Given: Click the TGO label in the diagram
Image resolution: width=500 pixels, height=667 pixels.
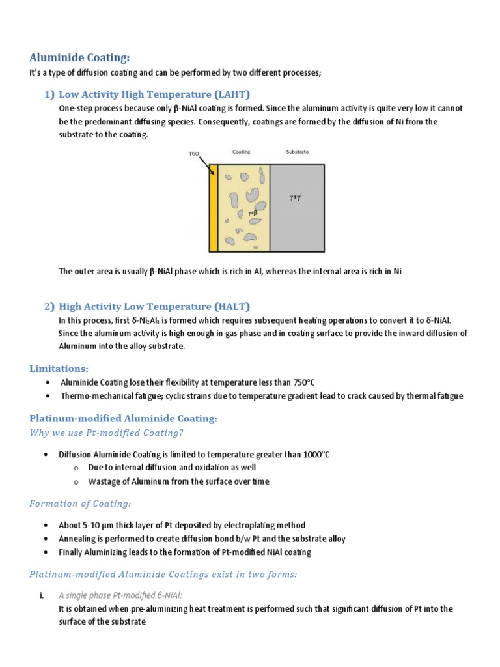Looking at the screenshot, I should [x=193, y=154].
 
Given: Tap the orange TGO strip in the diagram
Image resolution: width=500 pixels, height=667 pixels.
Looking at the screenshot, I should [x=213, y=208].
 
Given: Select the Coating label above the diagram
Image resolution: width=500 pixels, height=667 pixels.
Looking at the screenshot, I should [x=242, y=152].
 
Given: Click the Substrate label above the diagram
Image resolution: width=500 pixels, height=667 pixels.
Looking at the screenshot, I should [x=297, y=152].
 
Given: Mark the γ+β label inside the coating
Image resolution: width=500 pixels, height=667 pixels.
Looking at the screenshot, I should [x=252, y=212].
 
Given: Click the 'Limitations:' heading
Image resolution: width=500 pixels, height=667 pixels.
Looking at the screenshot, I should [x=59, y=369].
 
